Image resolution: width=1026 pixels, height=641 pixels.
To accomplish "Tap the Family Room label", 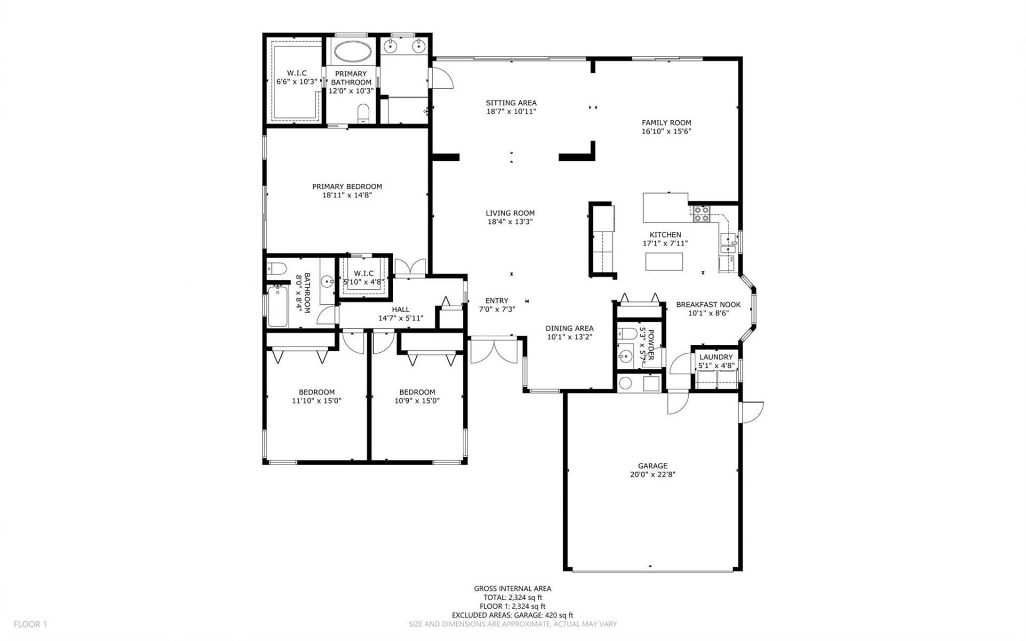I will point(666,122).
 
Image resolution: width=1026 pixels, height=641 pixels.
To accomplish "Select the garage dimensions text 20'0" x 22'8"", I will point(652,474).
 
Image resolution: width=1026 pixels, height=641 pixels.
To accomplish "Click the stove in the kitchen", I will point(701,214).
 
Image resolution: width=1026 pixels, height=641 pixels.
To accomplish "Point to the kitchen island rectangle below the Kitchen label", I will point(664,261).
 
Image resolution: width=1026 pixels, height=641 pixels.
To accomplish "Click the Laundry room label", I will point(716,357).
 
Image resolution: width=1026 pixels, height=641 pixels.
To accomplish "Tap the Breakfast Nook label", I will point(708,305).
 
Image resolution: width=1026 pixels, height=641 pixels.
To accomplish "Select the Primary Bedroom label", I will point(347,187).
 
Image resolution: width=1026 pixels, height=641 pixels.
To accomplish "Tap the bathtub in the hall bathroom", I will point(277,306).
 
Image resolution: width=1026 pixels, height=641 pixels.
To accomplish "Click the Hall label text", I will point(401,310).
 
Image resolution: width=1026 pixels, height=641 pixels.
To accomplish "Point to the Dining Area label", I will point(569,328).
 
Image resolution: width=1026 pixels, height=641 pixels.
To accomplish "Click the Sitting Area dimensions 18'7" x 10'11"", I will point(511,112).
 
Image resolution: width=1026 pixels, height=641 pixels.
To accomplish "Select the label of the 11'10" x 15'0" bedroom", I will point(316,392).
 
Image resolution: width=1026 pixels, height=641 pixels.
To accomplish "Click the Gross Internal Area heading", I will point(512,589).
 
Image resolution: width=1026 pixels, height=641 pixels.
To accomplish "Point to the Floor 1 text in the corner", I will point(30,624).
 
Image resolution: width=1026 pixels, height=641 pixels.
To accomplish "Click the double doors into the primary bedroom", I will point(410,267).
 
